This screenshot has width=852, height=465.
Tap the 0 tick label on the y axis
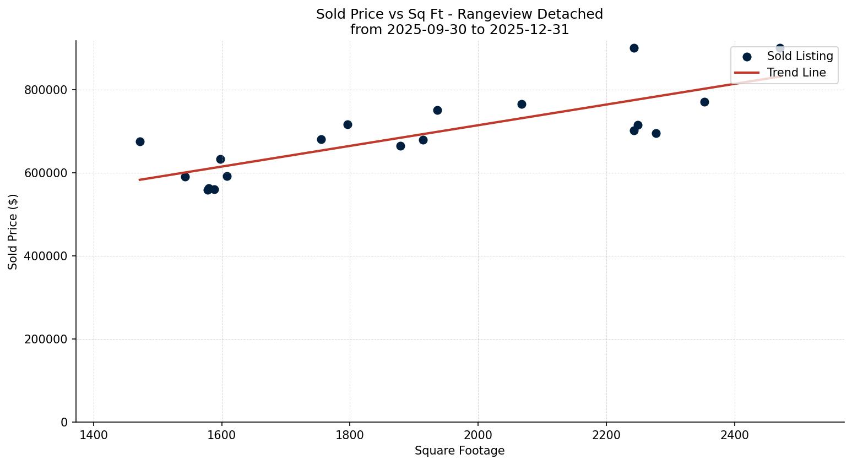coord(64,423)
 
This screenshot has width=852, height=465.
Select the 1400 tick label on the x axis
coord(94,435)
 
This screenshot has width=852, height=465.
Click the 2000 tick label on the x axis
coord(477,435)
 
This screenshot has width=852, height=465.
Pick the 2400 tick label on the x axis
coord(734,435)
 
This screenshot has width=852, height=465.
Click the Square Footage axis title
coord(459,451)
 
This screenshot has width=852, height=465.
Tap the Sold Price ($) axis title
coord(13,232)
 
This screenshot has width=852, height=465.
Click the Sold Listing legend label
coord(800,56)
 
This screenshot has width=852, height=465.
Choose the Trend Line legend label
coord(796,73)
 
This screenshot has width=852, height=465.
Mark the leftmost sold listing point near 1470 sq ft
coord(140,141)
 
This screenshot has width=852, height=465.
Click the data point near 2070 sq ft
coord(522,104)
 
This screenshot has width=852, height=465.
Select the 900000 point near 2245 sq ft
coord(634,48)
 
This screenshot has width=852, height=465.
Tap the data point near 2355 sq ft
coord(704,102)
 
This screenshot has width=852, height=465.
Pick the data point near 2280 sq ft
coord(656,133)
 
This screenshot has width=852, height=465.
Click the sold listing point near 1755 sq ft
coord(321,139)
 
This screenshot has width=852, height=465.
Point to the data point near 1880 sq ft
coord(400,146)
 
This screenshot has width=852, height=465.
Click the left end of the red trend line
coord(140,179)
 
